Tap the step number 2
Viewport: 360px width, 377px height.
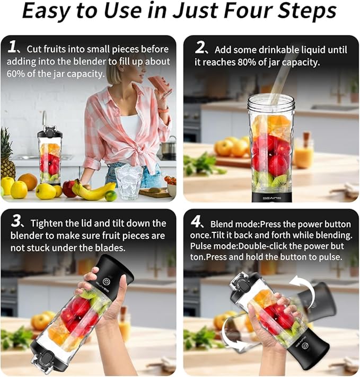click(x=200, y=48)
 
